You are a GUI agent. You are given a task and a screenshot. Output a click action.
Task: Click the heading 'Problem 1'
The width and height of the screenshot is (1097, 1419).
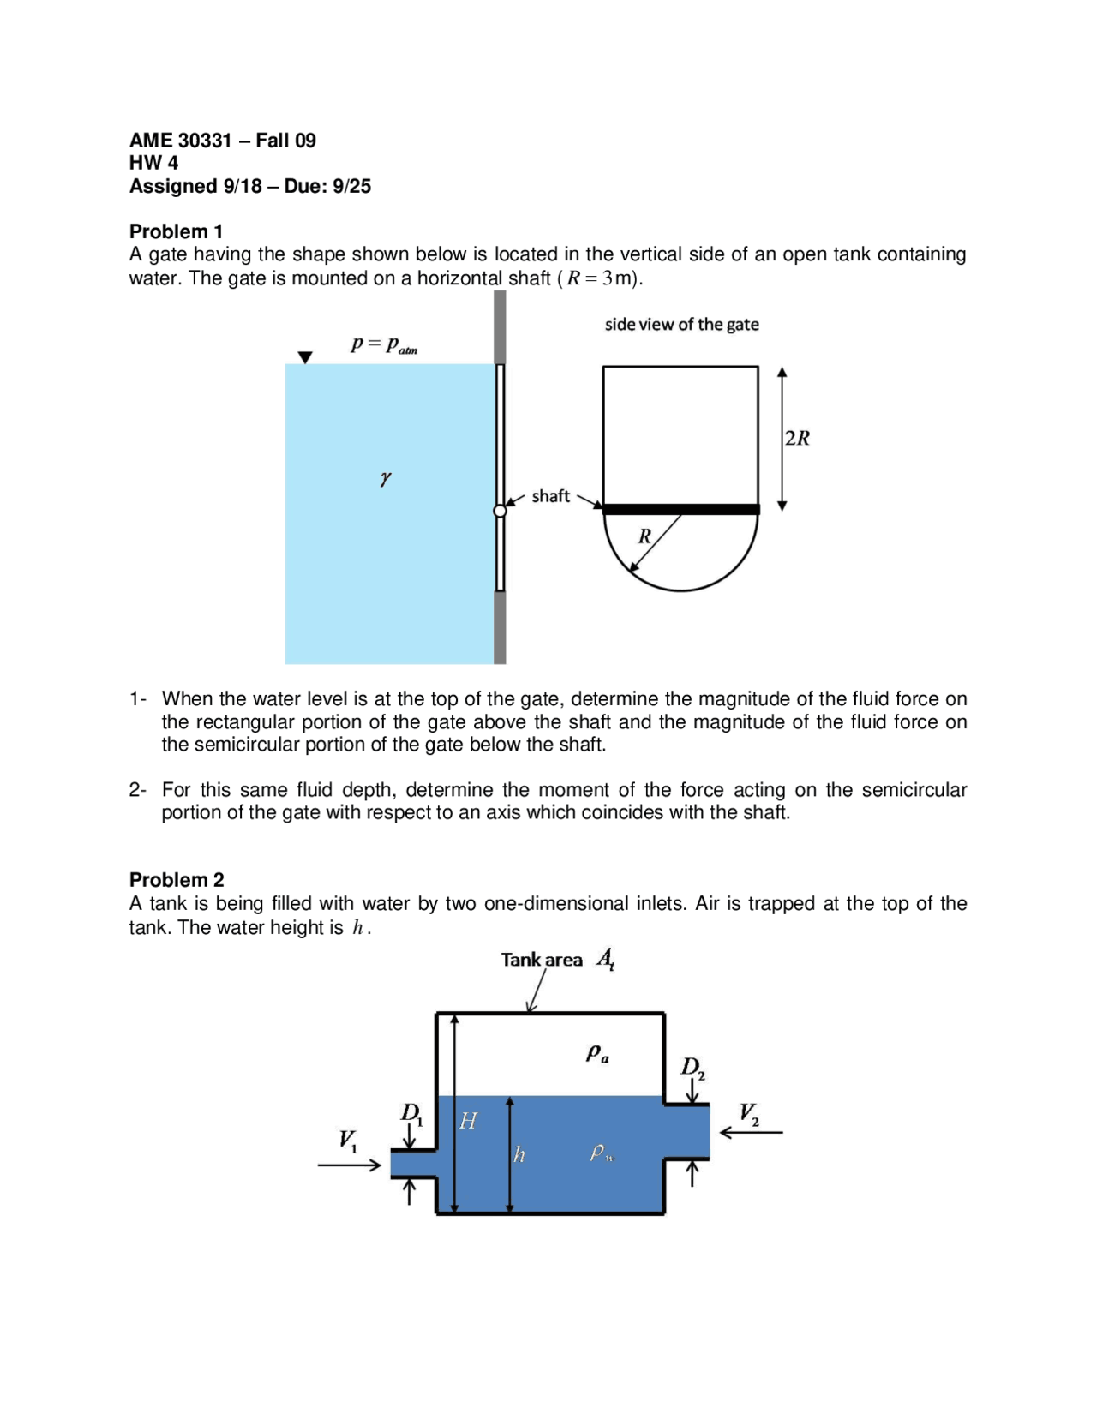(176, 231)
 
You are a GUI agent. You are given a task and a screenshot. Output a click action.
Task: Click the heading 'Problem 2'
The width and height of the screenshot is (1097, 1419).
(177, 879)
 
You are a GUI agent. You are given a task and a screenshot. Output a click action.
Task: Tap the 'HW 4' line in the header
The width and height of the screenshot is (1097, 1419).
(153, 163)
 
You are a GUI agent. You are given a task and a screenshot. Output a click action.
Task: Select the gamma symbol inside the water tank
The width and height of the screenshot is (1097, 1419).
(386, 478)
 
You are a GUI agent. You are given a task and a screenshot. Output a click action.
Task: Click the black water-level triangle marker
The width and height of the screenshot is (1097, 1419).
(305, 357)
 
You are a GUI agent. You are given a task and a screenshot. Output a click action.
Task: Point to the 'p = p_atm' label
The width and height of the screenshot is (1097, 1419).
(383, 344)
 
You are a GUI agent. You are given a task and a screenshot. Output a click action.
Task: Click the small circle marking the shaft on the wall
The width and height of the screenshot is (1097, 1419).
(500, 511)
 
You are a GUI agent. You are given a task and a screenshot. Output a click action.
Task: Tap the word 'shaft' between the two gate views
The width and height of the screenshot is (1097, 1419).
(550, 496)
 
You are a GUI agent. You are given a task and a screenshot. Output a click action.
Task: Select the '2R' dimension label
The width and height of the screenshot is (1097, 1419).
(797, 438)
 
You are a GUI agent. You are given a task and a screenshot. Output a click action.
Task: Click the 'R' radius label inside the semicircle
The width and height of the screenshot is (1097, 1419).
(644, 536)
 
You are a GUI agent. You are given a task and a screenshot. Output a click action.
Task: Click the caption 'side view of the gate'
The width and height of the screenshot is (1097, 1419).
(681, 324)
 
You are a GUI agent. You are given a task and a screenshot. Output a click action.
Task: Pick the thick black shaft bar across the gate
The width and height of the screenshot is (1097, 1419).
(681, 509)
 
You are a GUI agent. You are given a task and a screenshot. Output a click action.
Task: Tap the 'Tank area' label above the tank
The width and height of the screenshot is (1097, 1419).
(542, 960)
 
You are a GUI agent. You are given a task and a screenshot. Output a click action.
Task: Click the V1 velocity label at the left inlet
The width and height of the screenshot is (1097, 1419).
(348, 1140)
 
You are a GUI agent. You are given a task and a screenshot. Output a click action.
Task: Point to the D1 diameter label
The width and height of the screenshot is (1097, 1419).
(412, 1113)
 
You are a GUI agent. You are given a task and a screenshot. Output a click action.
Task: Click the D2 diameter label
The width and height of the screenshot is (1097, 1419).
(692, 1068)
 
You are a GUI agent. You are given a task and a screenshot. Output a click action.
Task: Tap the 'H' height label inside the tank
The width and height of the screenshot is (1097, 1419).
(468, 1120)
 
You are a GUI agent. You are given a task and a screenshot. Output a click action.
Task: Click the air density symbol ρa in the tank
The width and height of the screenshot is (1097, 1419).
(597, 1053)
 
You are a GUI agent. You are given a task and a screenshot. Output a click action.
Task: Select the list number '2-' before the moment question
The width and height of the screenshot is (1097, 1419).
(138, 789)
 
